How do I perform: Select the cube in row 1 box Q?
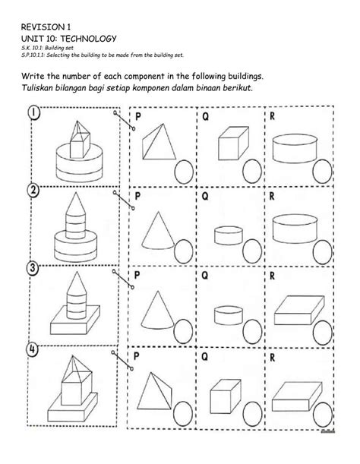[229, 145]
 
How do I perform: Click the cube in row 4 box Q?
[229, 386]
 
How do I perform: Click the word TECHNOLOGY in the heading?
[90, 39]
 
